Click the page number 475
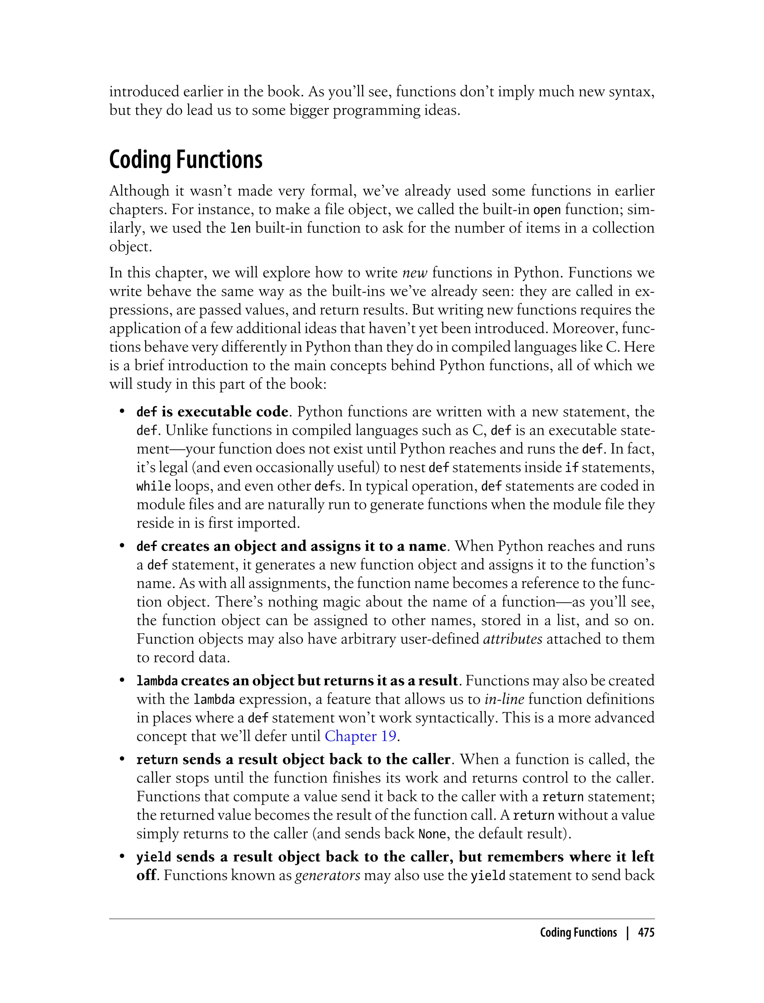point(646,932)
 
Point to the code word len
point(241,228)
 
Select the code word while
point(154,486)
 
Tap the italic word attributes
point(513,639)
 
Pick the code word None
point(432,834)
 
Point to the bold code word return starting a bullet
point(157,760)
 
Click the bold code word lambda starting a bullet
point(157,681)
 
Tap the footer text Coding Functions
point(578,932)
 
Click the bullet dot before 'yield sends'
point(122,856)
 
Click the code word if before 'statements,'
point(571,468)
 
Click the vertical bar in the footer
point(627,932)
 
